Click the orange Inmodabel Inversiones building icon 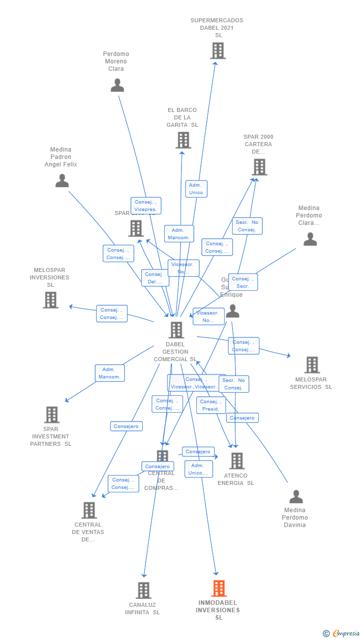point(219,588)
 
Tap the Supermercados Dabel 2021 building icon point(218,51)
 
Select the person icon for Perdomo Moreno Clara point(117,85)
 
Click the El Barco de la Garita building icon point(183,140)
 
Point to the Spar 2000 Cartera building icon point(259,167)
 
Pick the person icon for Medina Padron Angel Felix point(62,181)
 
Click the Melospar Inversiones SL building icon point(51,300)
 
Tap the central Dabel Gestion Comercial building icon point(176,330)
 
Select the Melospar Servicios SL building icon point(312,365)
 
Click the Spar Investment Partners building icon point(52,415)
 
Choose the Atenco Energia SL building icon point(237,461)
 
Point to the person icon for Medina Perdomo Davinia point(296,496)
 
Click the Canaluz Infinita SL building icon point(144,590)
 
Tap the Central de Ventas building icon point(89,510)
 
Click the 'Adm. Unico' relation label point(196,189)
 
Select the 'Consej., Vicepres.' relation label point(146,206)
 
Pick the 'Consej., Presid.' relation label point(211,405)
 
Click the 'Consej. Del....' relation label point(155,278)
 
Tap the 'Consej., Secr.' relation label point(242,282)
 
